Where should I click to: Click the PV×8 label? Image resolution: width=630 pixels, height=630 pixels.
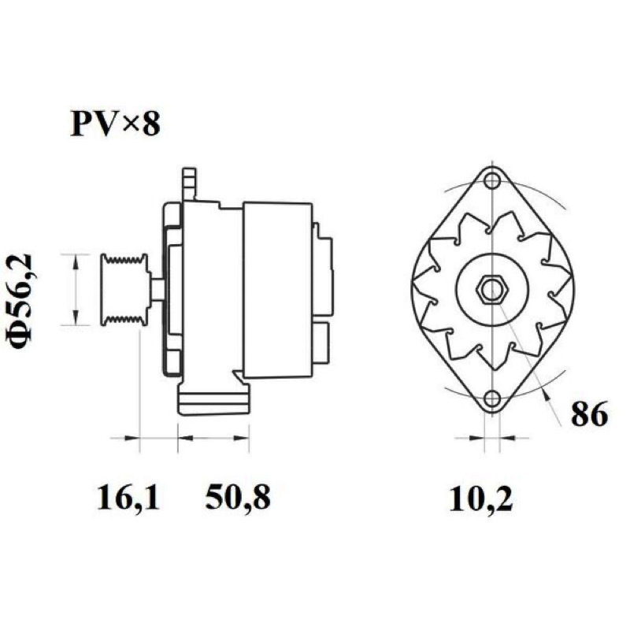coord(115,124)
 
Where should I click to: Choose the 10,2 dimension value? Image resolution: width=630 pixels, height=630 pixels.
coord(480,499)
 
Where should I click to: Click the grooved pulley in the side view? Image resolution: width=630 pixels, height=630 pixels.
coord(124,289)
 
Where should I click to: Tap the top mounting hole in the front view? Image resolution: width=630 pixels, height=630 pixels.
coord(491,180)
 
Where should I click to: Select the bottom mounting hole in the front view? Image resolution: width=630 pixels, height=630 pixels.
coord(491,398)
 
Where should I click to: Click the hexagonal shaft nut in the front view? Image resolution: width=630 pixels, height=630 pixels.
coord(492,290)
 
